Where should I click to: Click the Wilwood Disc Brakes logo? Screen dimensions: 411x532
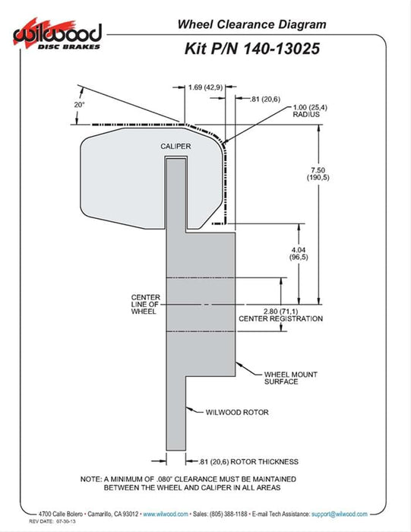(x=58, y=35)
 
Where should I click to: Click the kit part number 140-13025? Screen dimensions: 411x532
(x=281, y=49)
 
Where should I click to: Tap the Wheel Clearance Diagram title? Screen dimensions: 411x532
(x=251, y=24)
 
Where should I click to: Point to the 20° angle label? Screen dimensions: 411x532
(x=79, y=105)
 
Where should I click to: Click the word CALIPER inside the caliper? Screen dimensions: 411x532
(x=175, y=146)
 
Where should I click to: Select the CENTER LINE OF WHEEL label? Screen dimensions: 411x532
(x=145, y=304)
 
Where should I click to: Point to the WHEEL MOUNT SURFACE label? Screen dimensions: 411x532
(x=291, y=378)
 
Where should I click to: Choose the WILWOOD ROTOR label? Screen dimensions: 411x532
(x=237, y=412)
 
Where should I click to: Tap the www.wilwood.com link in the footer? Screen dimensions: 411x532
(x=166, y=514)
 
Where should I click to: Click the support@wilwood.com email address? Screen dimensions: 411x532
(x=339, y=514)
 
